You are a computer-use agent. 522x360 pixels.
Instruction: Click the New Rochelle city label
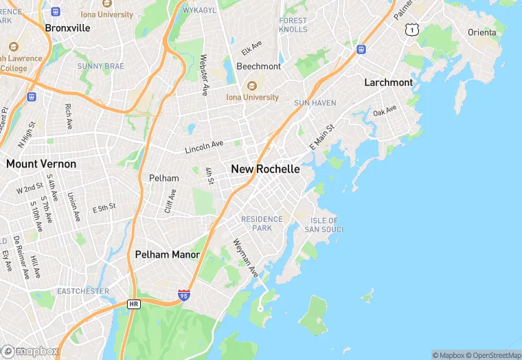click(x=265, y=169)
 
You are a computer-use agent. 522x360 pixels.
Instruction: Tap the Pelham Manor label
click(x=167, y=255)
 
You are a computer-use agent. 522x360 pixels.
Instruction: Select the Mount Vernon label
click(x=41, y=164)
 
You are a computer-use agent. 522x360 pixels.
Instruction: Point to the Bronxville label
click(x=67, y=28)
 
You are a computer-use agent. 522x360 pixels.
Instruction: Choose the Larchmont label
click(x=388, y=82)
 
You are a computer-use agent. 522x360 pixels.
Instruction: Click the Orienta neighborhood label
click(x=482, y=32)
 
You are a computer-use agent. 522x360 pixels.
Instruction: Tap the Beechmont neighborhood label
click(x=258, y=67)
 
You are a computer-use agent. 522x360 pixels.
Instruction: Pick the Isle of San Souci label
click(x=324, y=225)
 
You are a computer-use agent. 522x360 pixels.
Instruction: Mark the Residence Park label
click(x=262, y=223)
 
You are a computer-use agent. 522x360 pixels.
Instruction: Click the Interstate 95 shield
click(x=183, y=295)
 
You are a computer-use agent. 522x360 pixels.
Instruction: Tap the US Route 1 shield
click(x=411, y=29)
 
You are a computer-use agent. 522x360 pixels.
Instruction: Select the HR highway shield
click(x=134, y=303)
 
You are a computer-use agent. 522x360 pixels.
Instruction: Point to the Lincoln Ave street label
click(x=204, y=147)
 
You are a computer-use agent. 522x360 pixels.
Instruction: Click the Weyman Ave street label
click(x=245, y=258)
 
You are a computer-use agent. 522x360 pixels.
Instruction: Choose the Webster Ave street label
click(x=204, y=75)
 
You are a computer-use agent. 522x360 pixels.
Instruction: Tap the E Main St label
click(x=321, y=137)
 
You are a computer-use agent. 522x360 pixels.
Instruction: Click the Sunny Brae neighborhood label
click(x=100, y=66)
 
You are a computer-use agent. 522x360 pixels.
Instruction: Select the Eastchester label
click(x=82, y=291)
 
